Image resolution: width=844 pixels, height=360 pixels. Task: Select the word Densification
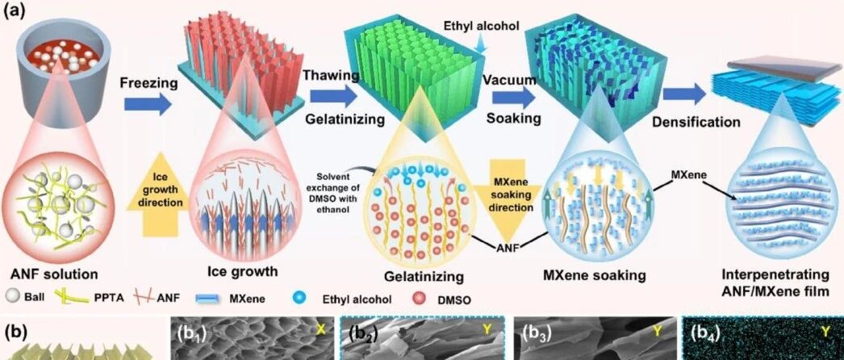tap(696, 122)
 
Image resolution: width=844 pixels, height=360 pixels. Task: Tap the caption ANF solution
tap(54, 274)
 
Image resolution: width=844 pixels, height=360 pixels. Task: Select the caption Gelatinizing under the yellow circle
tap(424, 277)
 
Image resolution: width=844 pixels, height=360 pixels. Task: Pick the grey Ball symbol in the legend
tap(12, 296)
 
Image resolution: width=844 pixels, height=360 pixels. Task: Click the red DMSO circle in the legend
tap(418, 299)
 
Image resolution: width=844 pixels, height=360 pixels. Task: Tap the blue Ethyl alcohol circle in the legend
tap(296, 298)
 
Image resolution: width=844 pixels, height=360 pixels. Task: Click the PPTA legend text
tap(104, 298)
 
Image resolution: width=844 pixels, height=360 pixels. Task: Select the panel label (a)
tap(14, 11)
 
